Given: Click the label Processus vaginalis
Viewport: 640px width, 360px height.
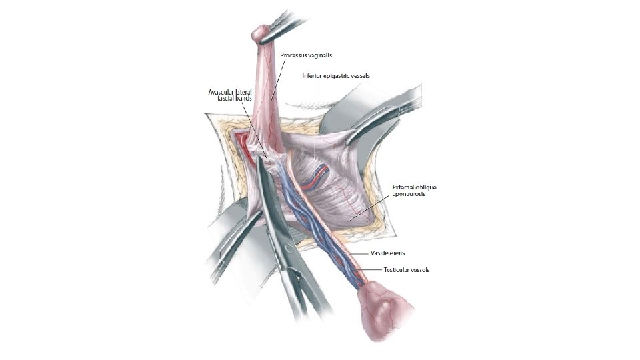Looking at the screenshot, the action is click(306, 55).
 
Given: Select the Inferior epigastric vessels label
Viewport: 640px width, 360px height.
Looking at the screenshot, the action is click(335, 76).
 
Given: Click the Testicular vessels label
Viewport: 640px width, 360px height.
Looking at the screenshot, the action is click(406, 270).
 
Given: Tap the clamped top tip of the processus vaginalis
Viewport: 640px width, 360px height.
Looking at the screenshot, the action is click(261, 33).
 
